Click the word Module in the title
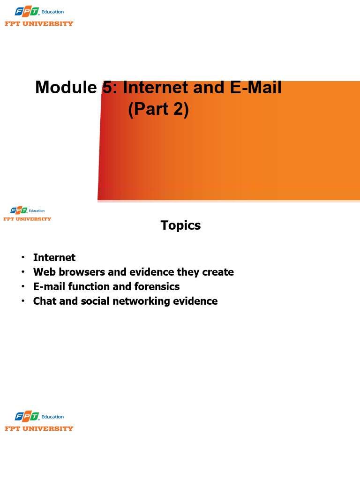tap(65, 88)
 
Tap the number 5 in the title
tap(107, 88)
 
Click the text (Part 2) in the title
tap(158, 110)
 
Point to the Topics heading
tap(180, 225)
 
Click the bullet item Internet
tap(54, 257)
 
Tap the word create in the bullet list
tap(218, 272)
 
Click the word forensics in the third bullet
tap(157, 286)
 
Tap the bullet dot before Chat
tap(22, 301)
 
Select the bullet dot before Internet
tap(22, 258)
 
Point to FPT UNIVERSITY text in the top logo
tap(39, 23)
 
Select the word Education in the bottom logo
tap(52, 417)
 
